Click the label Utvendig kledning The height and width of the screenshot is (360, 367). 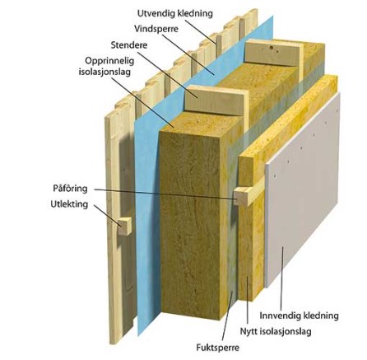(174, 13)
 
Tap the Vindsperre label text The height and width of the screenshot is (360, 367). (156, 29)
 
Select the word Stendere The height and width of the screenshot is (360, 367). (129, 44)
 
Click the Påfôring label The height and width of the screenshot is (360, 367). (70, 189)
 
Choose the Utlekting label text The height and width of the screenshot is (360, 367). (69, 204)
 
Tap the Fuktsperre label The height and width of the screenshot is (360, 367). (217, 348)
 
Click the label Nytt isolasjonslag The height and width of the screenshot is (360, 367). (276, 331)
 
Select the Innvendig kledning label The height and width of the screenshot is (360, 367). (299, 316)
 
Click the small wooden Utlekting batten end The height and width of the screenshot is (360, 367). (124, 227)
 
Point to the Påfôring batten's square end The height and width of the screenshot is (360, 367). (240, 197)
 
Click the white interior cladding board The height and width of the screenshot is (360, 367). (303, 189)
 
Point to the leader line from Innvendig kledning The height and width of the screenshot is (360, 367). (282, 278)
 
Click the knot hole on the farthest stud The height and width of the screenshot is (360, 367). (271, 48)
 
